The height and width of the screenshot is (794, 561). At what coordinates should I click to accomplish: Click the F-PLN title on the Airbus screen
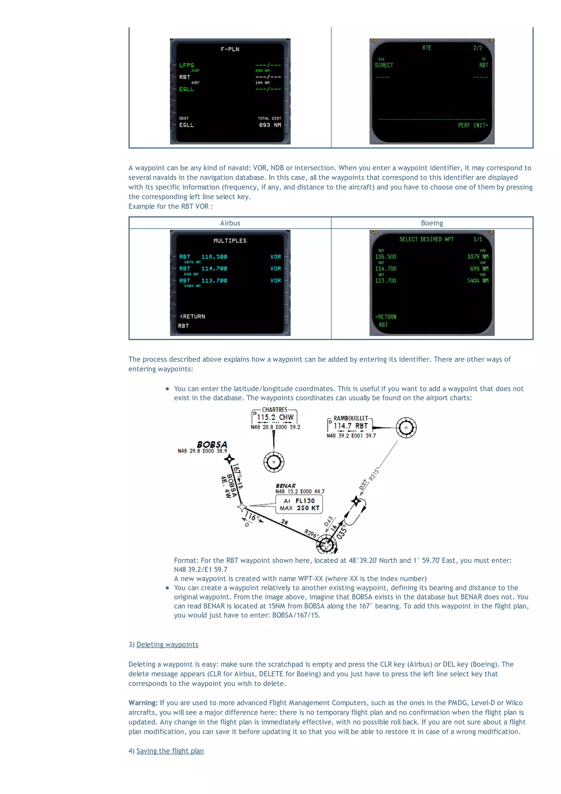(230, 49)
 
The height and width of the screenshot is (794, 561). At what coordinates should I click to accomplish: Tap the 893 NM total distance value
(270, 125)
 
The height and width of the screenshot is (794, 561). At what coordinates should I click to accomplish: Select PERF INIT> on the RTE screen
(473, 125)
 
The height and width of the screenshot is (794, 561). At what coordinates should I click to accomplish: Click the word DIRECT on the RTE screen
(384, 65)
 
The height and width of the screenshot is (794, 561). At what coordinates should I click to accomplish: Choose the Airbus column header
(230, 223)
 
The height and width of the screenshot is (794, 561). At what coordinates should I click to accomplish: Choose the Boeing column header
(432, 223)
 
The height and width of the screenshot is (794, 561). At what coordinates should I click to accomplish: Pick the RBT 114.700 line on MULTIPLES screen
(203, 268)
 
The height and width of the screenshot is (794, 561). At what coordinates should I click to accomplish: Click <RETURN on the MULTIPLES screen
(193, 317)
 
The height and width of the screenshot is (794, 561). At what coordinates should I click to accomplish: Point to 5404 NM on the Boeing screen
(477, 280)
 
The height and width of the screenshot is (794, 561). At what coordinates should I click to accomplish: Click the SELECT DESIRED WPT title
(426, 239)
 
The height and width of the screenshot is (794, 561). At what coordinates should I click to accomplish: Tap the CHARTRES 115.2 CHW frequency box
(275, 417)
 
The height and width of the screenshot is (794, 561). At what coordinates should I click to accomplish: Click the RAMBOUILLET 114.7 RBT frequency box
(350, 426)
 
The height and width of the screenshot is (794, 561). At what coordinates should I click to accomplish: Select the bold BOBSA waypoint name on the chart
(212, 444)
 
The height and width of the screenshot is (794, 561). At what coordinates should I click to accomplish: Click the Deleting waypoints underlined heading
(167, 644)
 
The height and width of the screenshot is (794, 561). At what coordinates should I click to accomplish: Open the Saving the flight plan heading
(170, 751)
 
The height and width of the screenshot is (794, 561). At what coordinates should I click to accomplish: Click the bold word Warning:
(143, 703)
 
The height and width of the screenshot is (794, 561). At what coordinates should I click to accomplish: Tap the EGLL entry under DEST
(186, 125)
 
